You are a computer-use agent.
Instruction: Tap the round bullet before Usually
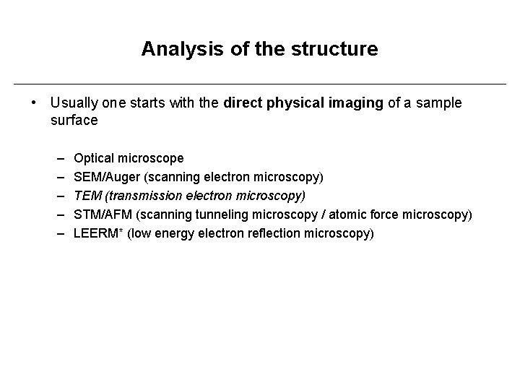coord(34,103)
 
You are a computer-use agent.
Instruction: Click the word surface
coord(74,121)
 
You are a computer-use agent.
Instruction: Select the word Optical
coord(94,158)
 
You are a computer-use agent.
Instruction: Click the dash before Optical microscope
coord(58,158)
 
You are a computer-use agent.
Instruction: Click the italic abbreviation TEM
coord(87,196)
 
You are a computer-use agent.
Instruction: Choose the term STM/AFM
coord(103,214)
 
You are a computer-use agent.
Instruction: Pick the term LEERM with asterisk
coord(99,233)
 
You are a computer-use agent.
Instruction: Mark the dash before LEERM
coord(58,233)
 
